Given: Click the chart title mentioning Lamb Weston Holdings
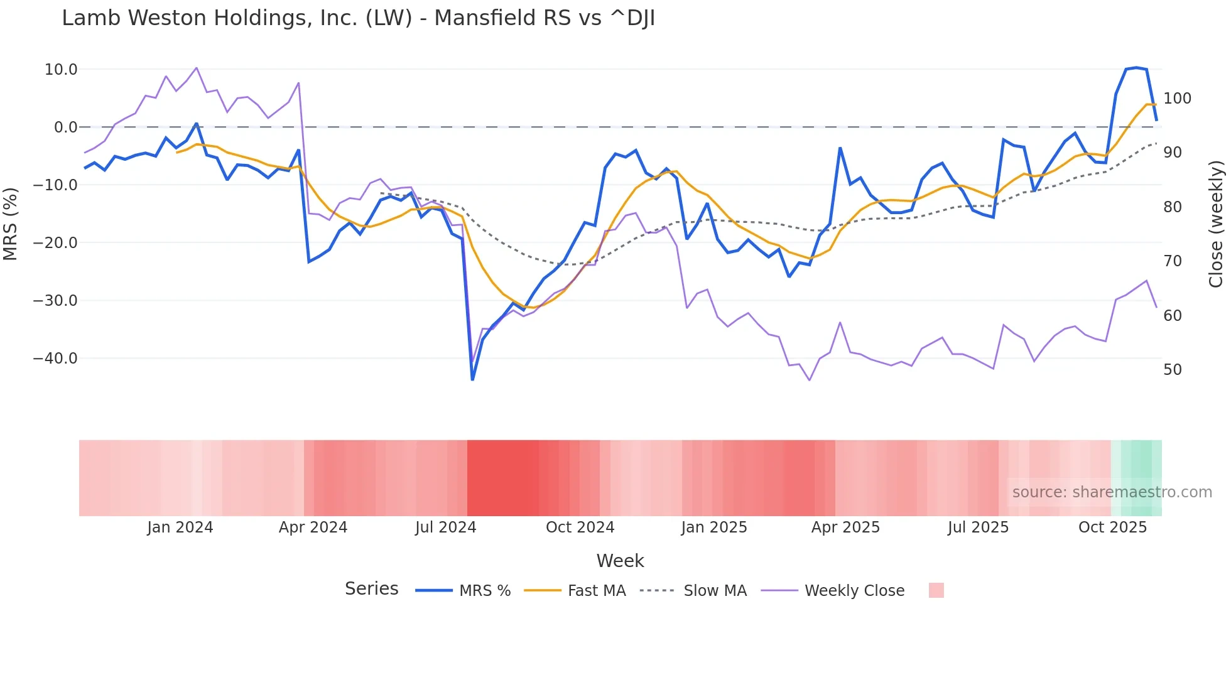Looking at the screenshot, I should pyautogui.click(x=358, y=18).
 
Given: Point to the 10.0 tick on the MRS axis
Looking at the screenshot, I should pyautogui.click(x=61, y=70).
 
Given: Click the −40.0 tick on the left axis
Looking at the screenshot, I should pyautogui.click(x=55, y=359).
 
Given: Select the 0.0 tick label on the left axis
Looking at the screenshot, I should pyautogui.click(x=65, y=127).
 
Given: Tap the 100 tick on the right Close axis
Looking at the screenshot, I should pyautogui.click(x=1177, y=99).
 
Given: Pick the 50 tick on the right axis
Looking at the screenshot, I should pyautogui.click(x=1173, y=370).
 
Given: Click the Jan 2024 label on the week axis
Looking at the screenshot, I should pyautogui.click(x=180, y=527).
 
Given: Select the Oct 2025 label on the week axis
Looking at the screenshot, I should pyautogui.click(x=1112, y=527).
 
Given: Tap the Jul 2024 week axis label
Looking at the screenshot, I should pyautogui.click(x=445, y=527).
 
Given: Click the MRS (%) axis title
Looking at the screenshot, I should pyautogui.click(x=11, y=224).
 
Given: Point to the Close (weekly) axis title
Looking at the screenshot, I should pyautogui.click(x=1216, y=224).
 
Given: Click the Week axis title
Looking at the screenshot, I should pyautogui.click(x=620, y=561).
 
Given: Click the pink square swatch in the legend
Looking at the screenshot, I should pyautogui.click(x=936, y=590).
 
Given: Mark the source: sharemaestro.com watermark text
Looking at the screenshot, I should pyautogui.click(x=1112, y=492).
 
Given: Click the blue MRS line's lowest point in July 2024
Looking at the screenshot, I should pyautogui.click(x=472, y=379).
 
